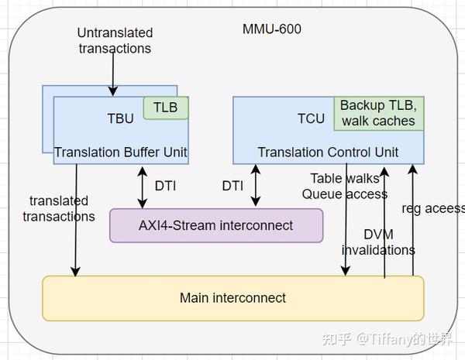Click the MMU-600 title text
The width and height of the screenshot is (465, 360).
coord(271,30)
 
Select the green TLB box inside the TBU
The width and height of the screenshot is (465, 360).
coord(166,108)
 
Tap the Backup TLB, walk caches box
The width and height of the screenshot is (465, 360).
coord(377,113)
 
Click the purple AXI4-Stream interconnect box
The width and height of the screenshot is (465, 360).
coord(216,225)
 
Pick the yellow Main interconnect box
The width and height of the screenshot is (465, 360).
coord(232,297)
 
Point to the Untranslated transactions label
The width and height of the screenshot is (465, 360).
coord(115,40)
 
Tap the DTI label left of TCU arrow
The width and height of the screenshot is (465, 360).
coord(232,186)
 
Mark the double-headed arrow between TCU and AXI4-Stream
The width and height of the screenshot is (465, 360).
coord(256,186)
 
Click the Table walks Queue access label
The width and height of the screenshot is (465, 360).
coord(343,186)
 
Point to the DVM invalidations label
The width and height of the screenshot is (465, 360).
coord(378,242)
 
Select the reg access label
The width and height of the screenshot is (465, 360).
coord(433,208)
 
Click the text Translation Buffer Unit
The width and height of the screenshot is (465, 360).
coord(121,152)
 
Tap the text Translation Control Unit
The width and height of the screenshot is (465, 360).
coord(328,152)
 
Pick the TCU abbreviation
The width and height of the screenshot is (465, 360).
coord(311,118)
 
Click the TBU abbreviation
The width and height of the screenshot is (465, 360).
coord(120,118)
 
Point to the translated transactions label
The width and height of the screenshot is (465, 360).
coord(59,209)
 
